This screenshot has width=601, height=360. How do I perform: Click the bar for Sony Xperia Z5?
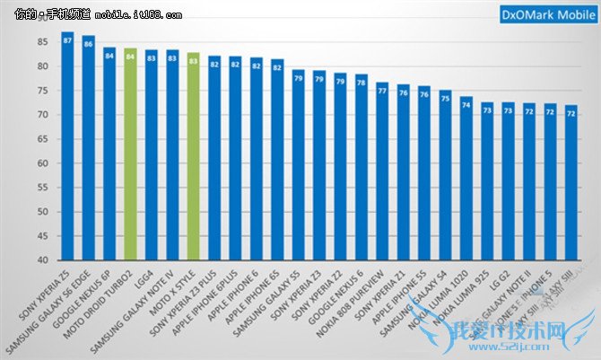67,144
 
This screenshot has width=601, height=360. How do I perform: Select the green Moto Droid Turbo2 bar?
130,153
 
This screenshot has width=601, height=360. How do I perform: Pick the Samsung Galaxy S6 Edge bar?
89,148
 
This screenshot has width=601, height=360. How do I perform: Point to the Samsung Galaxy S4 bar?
446,174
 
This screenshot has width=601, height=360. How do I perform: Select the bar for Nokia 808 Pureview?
382,171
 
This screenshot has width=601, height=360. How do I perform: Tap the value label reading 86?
89,42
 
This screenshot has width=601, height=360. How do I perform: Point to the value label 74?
466,104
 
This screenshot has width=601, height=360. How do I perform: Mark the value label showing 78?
361,82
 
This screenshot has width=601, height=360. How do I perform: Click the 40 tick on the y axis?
42,260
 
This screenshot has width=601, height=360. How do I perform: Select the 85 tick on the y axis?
42,42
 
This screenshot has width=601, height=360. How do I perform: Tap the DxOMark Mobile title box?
540,15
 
